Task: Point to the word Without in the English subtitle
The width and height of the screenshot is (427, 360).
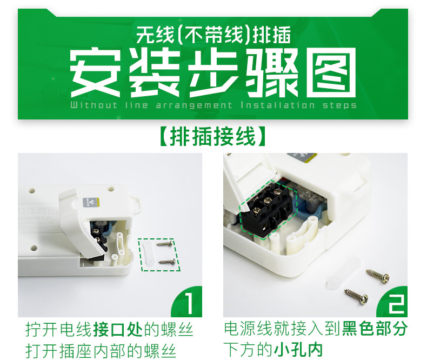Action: (93, 105)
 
